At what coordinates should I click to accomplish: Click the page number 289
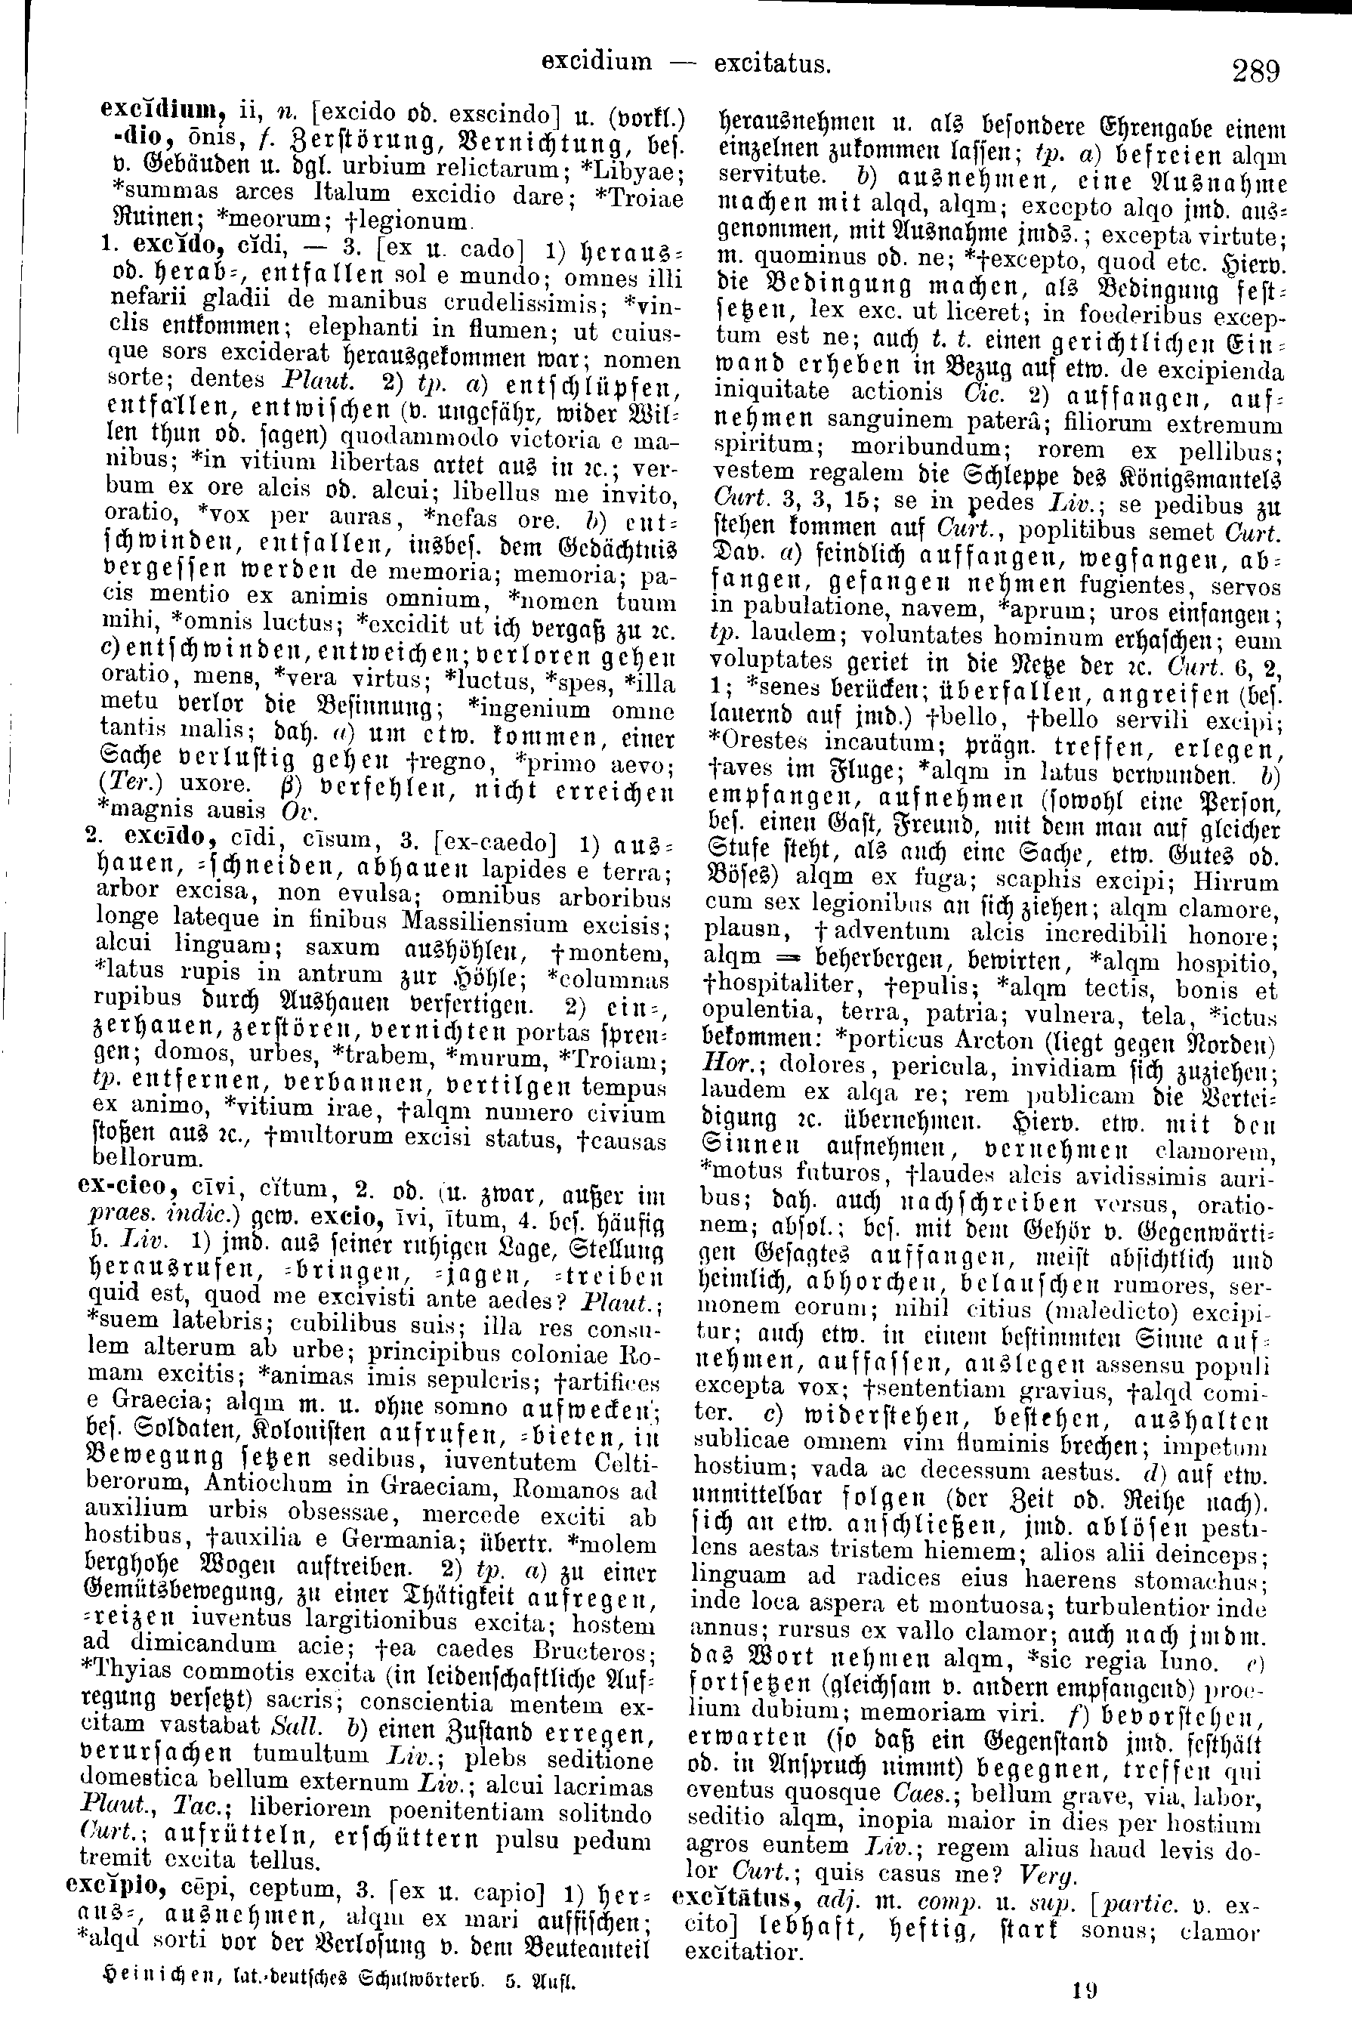(1255, 68)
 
